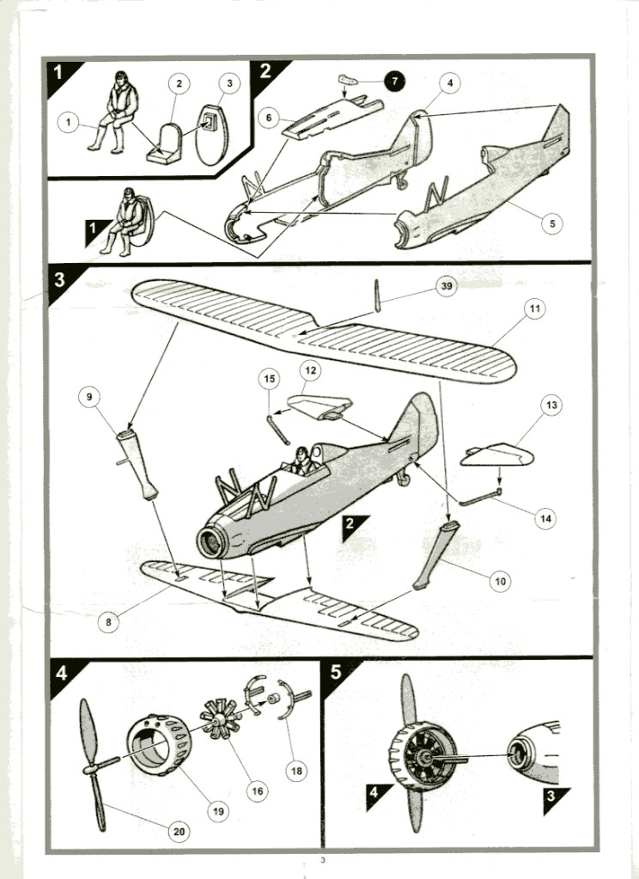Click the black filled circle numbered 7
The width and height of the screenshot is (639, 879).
coord(394,82)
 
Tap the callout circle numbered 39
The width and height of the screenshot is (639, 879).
coord(446,286)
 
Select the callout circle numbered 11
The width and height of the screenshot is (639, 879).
coord(535,308)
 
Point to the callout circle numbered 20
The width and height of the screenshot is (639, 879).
coord(179,832)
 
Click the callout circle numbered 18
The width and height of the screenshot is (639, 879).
coord(296,771)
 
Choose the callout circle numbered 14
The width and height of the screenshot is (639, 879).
coord(545,518)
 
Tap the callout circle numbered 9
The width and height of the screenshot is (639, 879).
coord(89,397)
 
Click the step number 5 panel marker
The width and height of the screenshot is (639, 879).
coord(337,672)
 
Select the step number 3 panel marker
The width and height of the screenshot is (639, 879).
coord(60,280)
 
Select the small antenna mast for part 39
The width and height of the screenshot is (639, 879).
coord(377,296)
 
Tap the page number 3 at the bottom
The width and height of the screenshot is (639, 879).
coord(323,861)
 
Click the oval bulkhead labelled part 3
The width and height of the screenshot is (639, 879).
coord(212,135)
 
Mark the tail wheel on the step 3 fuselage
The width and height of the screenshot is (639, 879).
coord(403,479)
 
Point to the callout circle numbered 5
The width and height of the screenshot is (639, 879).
coord(552,223)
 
